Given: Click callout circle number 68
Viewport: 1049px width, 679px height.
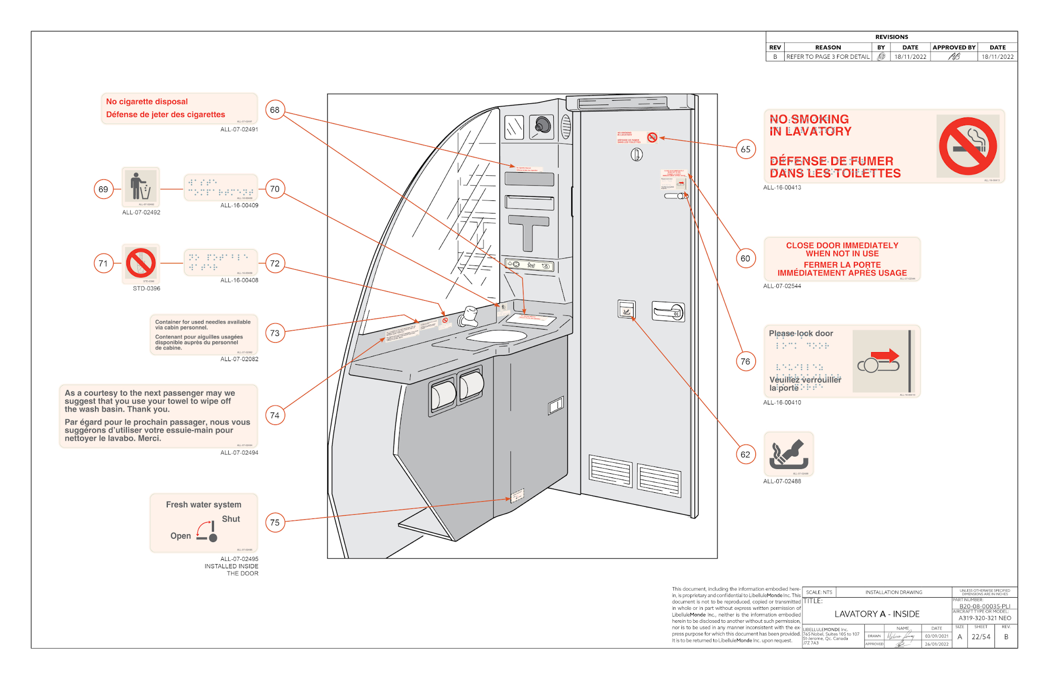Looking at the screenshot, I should click(275, 110).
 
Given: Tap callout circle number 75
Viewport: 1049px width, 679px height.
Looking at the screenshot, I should click(275, 523).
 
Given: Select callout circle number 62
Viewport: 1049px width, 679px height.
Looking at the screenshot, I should click(745, 454).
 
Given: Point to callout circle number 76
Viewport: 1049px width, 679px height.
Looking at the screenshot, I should click(745, 362).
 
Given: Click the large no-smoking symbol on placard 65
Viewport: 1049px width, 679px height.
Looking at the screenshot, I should click(968, 146).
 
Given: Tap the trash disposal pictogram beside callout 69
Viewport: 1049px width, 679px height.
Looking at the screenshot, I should click(141, 187).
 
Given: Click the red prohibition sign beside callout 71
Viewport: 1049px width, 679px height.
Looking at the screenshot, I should click(141, 263).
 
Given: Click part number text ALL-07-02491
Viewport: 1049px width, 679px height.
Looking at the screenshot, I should click(239, 130).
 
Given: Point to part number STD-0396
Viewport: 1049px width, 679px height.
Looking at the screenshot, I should click(146, 289).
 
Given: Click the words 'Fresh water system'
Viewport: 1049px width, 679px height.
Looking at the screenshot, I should click(204, 505).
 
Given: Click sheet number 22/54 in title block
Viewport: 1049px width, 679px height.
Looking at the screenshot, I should click(981, 637).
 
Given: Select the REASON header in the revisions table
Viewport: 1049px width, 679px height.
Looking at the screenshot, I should click(828, 48).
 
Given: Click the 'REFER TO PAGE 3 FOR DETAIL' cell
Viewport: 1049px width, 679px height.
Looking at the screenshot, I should click(828, 57).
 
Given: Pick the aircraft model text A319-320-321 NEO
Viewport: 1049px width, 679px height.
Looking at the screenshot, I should click(984, 618).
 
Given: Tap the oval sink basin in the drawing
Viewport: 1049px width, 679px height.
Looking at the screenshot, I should click(496, 336).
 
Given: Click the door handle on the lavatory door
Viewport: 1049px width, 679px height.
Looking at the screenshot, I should click(668, 312).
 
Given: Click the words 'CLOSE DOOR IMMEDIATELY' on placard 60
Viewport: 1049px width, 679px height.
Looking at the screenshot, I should click(842, 246).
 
